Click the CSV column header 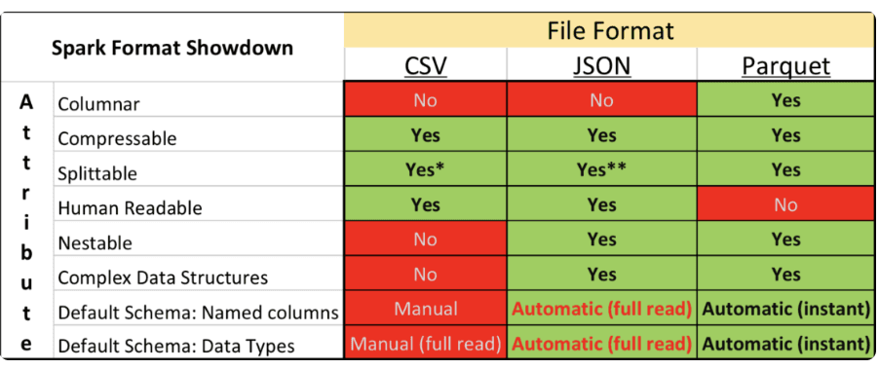pos(425,66)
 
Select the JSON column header pos(601,66)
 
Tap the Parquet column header pos(785,66)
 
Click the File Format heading pos(610,31)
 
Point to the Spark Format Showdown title pos(172,48)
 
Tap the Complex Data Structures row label pos(163,277)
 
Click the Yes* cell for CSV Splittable pos(425,169)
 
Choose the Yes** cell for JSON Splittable pos(601,169)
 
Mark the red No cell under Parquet pos(785,204)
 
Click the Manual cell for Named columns pos(425,310)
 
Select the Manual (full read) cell pos(425,344)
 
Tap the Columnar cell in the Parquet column pos(785,100)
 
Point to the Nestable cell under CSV pos(425,240)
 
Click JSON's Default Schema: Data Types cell pos(601,344)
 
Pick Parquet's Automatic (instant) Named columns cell pos(785,310)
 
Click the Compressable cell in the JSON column pos(601,135)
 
